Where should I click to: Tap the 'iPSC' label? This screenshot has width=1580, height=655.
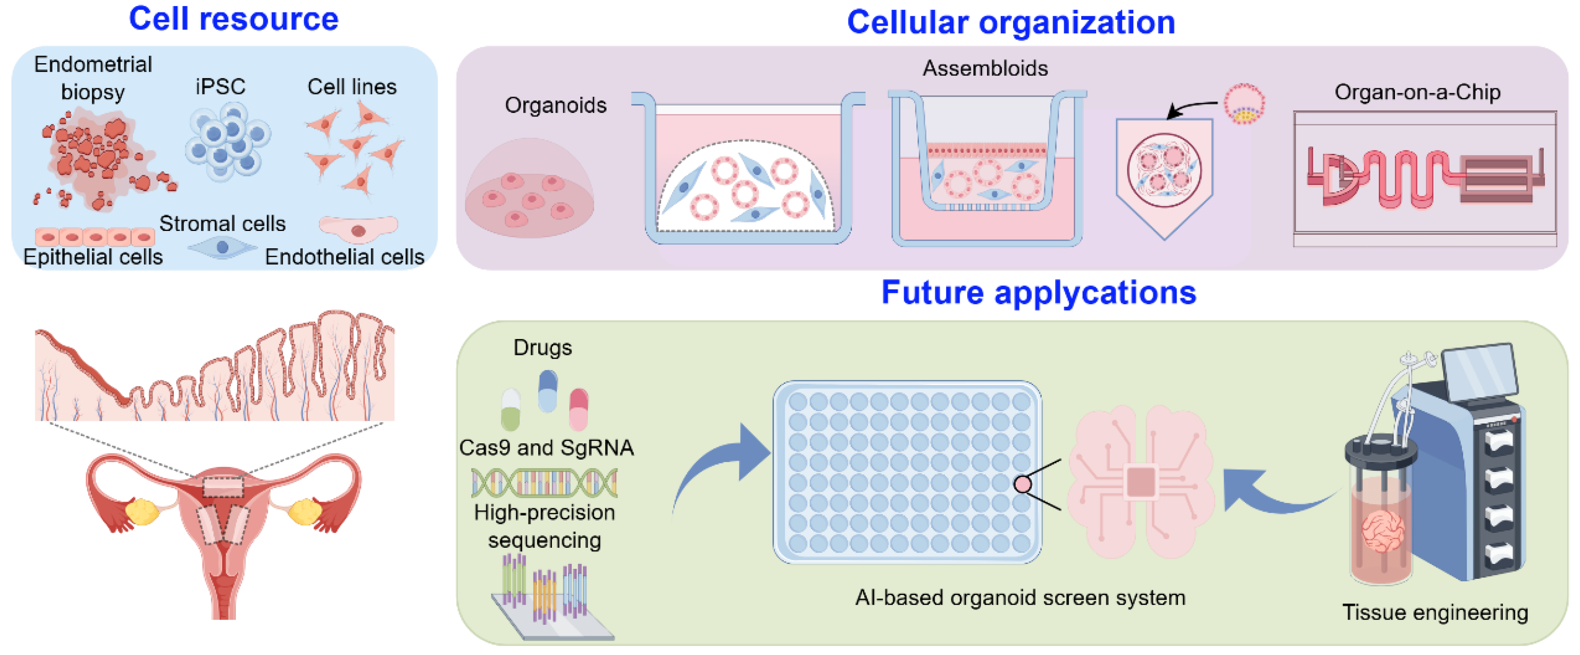(220, 87)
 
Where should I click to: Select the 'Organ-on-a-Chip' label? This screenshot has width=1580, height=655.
(1417, 92)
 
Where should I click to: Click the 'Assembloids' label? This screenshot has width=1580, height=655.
(985, 68)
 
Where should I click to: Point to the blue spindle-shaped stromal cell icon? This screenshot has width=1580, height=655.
(222, 247)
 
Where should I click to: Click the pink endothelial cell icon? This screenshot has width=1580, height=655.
(358, 228)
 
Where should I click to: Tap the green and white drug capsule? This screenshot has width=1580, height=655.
(510, 409)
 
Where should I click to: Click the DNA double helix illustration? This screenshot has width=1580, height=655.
(544, 482)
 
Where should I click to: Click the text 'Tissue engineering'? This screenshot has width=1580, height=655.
(1434, 612)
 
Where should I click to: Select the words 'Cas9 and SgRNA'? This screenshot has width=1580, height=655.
(546, 448)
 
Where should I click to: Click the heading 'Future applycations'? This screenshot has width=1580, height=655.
(1039, 292)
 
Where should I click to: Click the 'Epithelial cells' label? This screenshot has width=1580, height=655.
(93, 256)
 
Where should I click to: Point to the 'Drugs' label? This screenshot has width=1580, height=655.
(542, 348)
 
